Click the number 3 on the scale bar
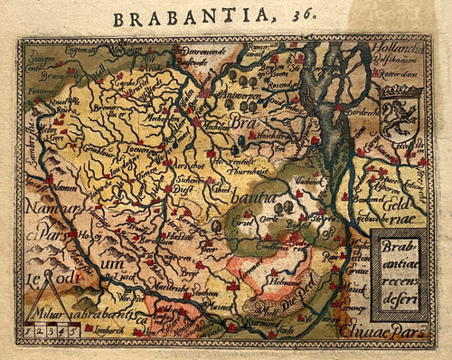[52, 332]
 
